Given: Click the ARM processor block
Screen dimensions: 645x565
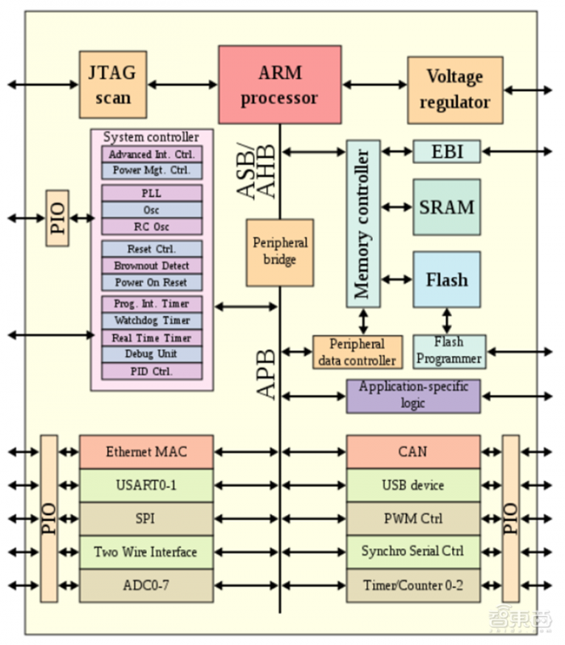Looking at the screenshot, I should click(279, 85).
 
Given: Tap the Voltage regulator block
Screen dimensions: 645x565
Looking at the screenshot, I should click(454, 89).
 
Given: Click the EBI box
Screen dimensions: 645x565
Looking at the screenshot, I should click(446, 152).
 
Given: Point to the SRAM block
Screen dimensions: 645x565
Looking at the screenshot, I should click(446, 207).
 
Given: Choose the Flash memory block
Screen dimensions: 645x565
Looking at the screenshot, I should click(446, 279).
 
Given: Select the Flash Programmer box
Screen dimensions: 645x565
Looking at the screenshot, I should click(449, 352).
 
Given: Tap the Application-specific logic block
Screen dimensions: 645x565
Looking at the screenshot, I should click(412, 396).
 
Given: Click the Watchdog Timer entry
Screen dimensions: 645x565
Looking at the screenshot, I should click(152, 320).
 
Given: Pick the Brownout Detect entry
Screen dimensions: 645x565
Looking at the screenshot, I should click(152, 266).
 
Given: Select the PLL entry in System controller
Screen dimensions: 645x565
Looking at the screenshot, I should click(152, 194).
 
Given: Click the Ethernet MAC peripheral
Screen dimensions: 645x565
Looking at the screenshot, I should click(146, 452).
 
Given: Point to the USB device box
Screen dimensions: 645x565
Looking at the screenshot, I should click(412, 485).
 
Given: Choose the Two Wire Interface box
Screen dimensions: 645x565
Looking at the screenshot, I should click(146, 552).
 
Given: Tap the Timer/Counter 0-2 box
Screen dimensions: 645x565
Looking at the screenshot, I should click(412, 585).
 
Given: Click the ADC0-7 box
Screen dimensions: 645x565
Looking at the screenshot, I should click(146, 585).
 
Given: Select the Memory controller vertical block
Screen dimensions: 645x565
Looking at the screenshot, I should click(362, 224).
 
